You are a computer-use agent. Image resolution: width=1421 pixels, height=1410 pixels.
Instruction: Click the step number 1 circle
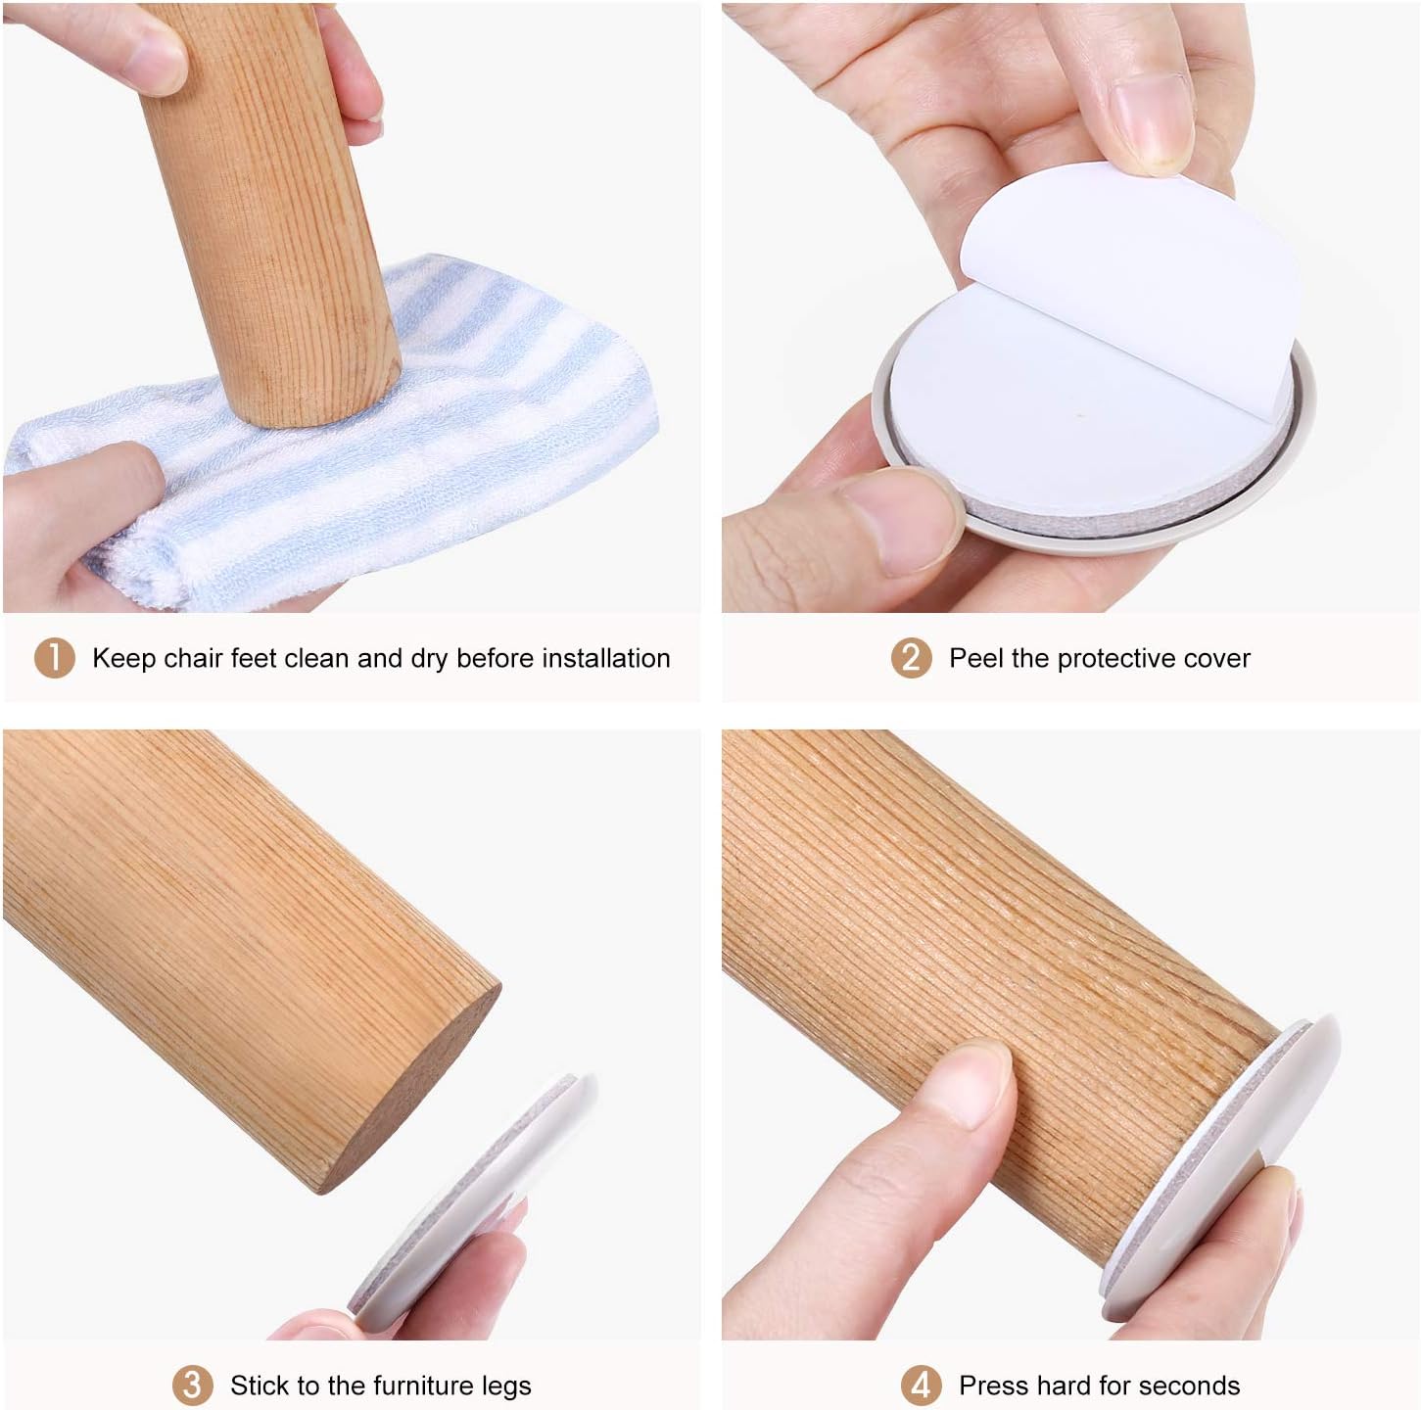(x=55, y=657)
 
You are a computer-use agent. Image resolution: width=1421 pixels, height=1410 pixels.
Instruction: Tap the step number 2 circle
(x=912, y=657)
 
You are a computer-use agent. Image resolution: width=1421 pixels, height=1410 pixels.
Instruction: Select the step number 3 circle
(x=192, y=1385)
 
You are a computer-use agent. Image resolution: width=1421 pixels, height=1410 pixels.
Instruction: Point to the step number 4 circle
(x=921, y=1385)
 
